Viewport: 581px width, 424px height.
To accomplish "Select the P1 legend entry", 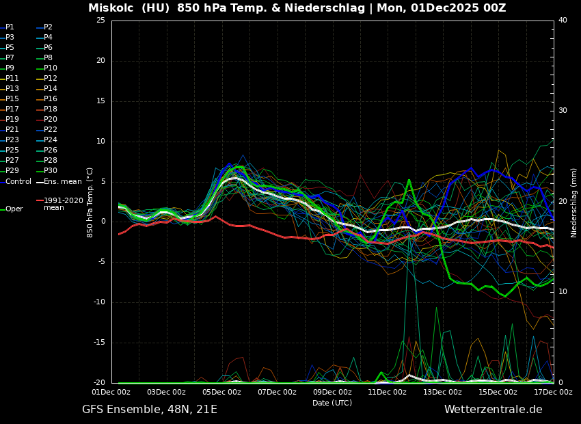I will click(x=10, y=27).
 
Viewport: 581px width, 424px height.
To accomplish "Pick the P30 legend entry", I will click(x=50, y=171).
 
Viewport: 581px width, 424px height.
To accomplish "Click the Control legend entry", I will click(x=18, y=182).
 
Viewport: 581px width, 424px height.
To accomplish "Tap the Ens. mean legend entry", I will click(x=62, y=182).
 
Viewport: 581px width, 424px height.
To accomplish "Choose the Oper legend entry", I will click(x=14, y=209).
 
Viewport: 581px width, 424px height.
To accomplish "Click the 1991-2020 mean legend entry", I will click(x=63, y=204).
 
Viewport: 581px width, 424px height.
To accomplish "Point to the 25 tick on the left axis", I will click(x=100, y=21).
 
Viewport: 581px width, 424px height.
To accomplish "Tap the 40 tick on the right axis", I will click(x=563, y=21).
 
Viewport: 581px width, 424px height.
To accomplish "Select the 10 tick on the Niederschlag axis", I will click(x=563, y=292).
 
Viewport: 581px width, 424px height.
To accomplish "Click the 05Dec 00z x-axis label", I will click(x=221, y=393).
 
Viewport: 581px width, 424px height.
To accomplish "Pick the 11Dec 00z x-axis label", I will click(x=388, y=393).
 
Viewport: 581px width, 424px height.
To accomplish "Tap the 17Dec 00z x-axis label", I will click(x=553, y=393).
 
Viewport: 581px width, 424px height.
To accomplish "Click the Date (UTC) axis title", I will click(x=332, y=403).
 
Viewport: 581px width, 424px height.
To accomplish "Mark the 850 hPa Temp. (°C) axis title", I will click(x=90, y=202).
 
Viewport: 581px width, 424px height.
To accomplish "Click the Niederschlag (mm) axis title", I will click(x=574, y=202).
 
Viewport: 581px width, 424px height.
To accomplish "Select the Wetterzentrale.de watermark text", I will click(x=493, y=410).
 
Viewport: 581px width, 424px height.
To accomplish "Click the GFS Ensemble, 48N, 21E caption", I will click(x=150, y=410).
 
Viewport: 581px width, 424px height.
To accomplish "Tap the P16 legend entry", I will click(x=50, y=99).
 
